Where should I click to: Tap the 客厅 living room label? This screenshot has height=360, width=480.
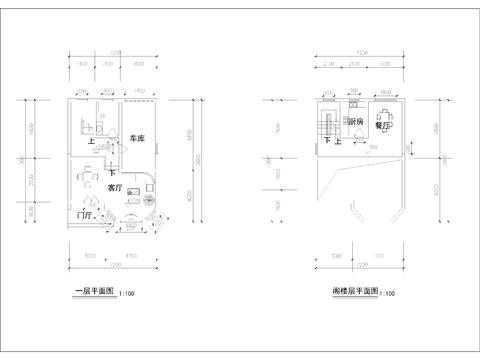(x=115, y=187)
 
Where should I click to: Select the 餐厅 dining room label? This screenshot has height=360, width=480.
(x=382, y=128)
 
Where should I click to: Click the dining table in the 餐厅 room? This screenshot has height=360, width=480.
(x=385, y=113)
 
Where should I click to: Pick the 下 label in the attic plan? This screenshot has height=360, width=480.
(x=326, y=142)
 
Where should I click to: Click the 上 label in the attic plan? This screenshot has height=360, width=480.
(x=337, y=142)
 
